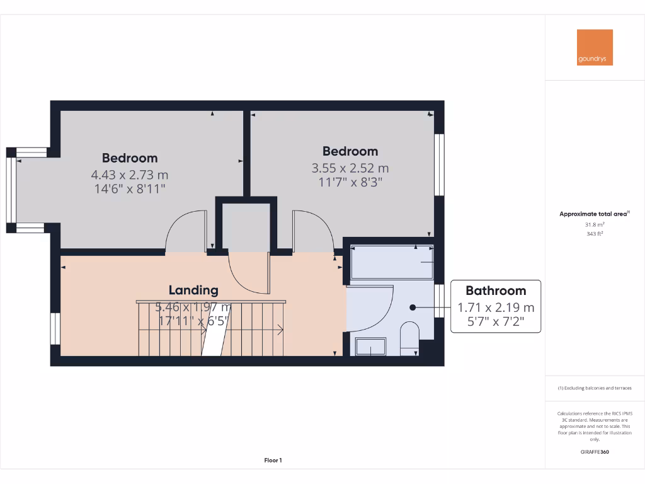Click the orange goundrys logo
tap(595, 47)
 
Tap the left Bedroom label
tap(130, 158)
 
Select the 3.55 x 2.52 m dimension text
tap(350, 168)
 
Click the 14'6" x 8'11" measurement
tap(130, 188)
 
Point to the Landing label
tap(193, 290)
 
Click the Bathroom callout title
tap(495, 291)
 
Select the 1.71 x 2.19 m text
tap(495, 308)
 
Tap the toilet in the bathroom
tap(409, 337)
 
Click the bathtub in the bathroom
tap(391, 261)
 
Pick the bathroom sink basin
tap(371, 346)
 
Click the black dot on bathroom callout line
tap(413, 308)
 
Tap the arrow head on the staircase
tap(280, 330)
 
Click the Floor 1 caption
tap(272, 461)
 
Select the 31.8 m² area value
tap(595, 224)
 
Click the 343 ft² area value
tap(595, 233)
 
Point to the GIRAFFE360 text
tap(595, 452)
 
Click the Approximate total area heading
tap(593, 214)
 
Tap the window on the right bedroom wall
tap(440, 164)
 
